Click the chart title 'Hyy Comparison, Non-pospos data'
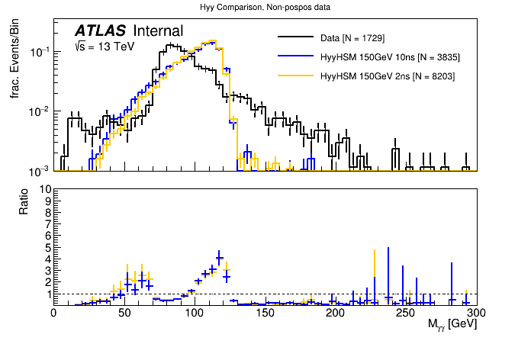click(x=265, y=7)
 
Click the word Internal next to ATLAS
click(x=158, y=31)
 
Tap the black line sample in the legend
click(x=294, y=37)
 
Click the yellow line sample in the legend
click(x=294, y=76)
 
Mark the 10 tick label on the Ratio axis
click(x=46, y=189)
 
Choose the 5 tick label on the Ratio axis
click(x=48, y=247)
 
